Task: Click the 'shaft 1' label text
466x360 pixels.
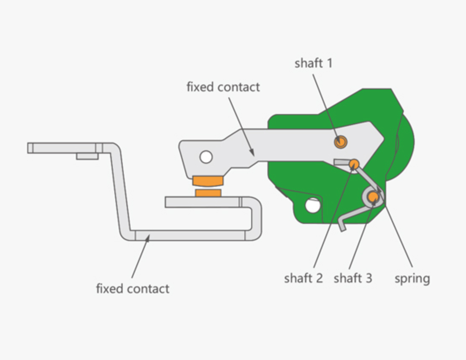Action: click(x=313, y=63)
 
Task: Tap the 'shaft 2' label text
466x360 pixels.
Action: click(x=303, y=278)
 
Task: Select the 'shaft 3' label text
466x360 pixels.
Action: click(x=353, y=278)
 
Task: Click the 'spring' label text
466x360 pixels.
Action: click(x=412, y=278)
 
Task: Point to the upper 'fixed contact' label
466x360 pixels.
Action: click(x=223, y=87)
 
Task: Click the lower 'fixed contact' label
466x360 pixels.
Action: click(x=133, y=289)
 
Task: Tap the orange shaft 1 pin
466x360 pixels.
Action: click(x=341, y=142)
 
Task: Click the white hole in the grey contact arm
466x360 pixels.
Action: click(x=206, y=157)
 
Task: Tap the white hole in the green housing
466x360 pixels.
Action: click(x=312, y=205)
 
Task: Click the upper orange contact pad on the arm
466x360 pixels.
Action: click(x=208, y=181)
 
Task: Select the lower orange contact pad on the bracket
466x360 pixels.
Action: click(x=208, y=193)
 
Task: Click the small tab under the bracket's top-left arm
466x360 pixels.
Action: click(x=87, y=156)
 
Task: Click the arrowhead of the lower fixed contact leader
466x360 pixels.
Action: click(x=148, y=238)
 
